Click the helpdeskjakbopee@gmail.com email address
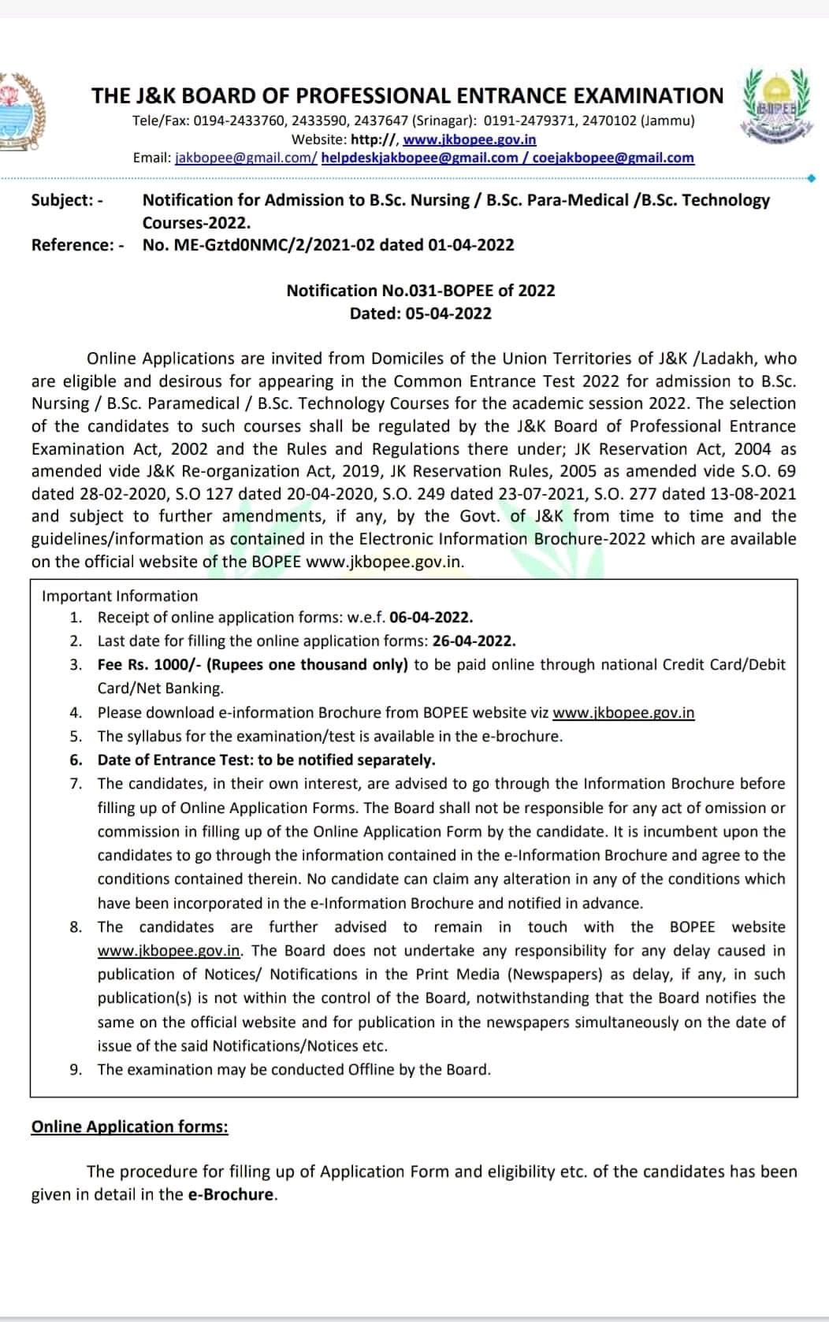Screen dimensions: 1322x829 (x=419, y=158)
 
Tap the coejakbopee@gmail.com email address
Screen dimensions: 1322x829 (x=613, y=158)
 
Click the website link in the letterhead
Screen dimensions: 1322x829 (x=469, y=139)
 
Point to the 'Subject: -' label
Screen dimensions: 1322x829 (x=67, y=200)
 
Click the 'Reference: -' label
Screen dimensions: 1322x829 (x=77, y=245)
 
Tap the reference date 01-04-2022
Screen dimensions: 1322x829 (x=470, y=245)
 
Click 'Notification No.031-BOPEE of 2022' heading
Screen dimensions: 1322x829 (x=421, y=291)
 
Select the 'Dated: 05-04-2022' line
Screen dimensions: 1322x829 (x=421, y=314)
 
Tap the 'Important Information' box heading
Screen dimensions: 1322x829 (x=120, y=596)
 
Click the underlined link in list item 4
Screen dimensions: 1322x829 (x=623, y=713)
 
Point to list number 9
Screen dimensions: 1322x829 (x=76, y=1070)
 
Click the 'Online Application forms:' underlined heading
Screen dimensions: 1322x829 (x=129, y=1127)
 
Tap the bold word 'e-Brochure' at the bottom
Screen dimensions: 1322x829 (x=231, y=1194)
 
